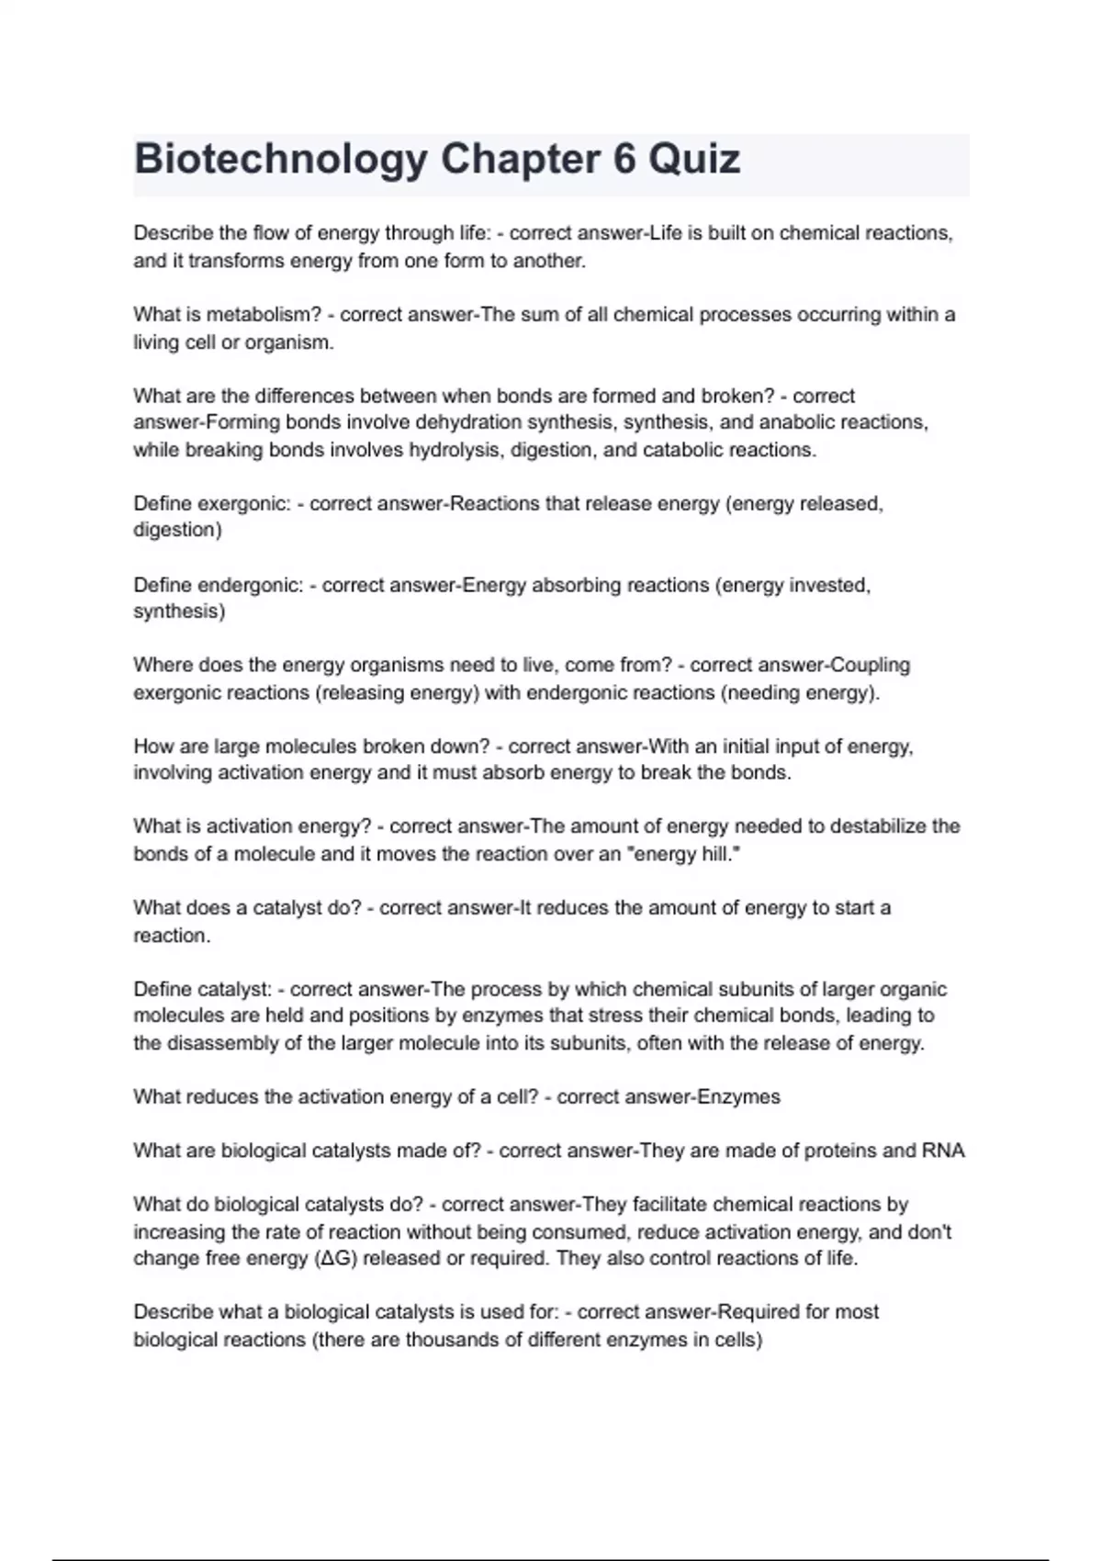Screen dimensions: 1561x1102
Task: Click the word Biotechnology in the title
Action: pos(280,160)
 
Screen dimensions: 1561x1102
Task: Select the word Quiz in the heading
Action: pos(695,160)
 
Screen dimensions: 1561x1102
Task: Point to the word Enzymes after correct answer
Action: pos(739,1097)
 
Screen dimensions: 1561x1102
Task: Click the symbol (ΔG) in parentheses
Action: pos(336,1259)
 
